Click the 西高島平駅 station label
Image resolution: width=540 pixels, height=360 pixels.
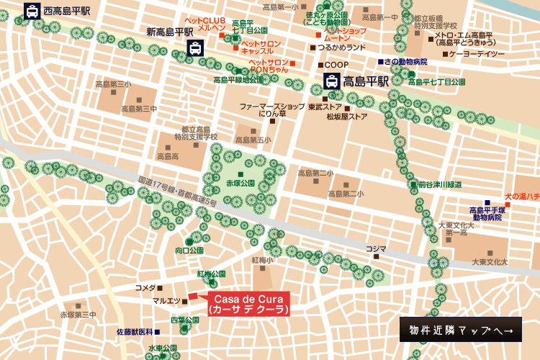pyautogui.click(x=66, y=11)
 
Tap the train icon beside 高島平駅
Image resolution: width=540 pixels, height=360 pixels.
pyautogui.click(x=330, y=81)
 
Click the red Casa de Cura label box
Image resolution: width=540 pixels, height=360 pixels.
pyautogui.click(x=248, y=304)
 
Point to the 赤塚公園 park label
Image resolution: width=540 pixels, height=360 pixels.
pyautogui.click(x=240, y=183)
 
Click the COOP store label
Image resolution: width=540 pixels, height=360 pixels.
pyautogui.click(x=336, y=65)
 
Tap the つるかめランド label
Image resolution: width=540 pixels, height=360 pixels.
pyautogui.click(x=341, y=48)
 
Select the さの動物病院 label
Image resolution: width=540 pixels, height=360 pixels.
pyautogui.click(x=405, y=62)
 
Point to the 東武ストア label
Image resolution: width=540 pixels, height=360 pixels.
pyautogui.click(x=324, y=107)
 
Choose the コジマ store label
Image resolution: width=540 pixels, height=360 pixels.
pyautogui.click(x=375, y=249)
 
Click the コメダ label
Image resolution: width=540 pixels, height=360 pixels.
pyautogui.click(x=145, y=287)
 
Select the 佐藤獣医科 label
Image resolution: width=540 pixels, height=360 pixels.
pyautogui.click(x=135, y=332)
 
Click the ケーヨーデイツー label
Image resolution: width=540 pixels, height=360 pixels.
pyautogui.click(x=477, y=54)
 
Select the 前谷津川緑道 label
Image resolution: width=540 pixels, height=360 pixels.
pyautogui.click(x=440, y=184)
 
